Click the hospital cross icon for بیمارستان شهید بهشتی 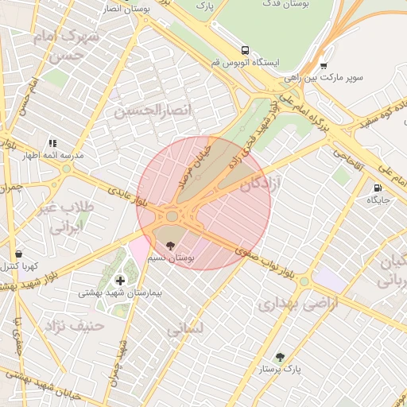pyautogui.click(x=120, y=280)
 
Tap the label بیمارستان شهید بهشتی pyautogui.click(x=120, y=293)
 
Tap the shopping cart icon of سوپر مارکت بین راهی pyautogui.click(x=323, y=66)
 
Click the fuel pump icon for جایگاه pyautogui.click(x=377, y=188)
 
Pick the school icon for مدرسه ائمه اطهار pyautogui.click(x=53, y=143)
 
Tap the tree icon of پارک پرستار pyautogui.click(x=279, y=357)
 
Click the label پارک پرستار pyautogui.click(x=281, y=370)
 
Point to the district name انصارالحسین pyautogui.click(x=153, y=110)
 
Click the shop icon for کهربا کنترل pyautogui.click(x=18, y=254)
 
